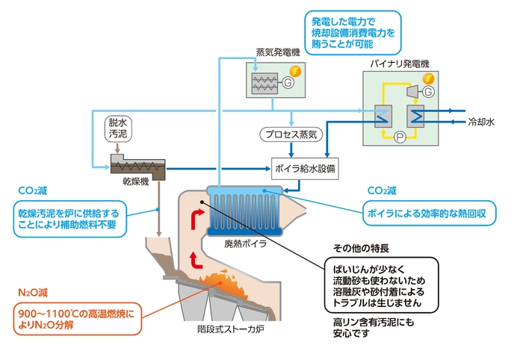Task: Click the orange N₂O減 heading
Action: click(x=33, y=292)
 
